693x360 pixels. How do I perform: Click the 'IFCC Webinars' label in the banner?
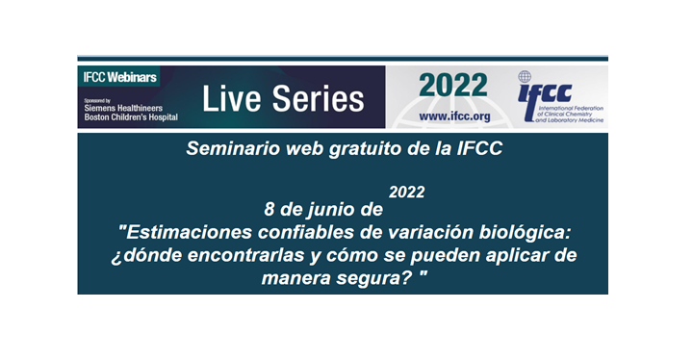pyautogui.click(x=118, y=75)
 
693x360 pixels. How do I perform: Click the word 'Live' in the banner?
pyautogui.click(x=229, y=98)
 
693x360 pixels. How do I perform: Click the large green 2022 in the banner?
pyautogui.click(x=452, y=87)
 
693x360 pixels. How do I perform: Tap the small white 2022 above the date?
pyautogui.click(x=407, y=192)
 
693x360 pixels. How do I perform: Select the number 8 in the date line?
pyautogui.click(x=269, y=208)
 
